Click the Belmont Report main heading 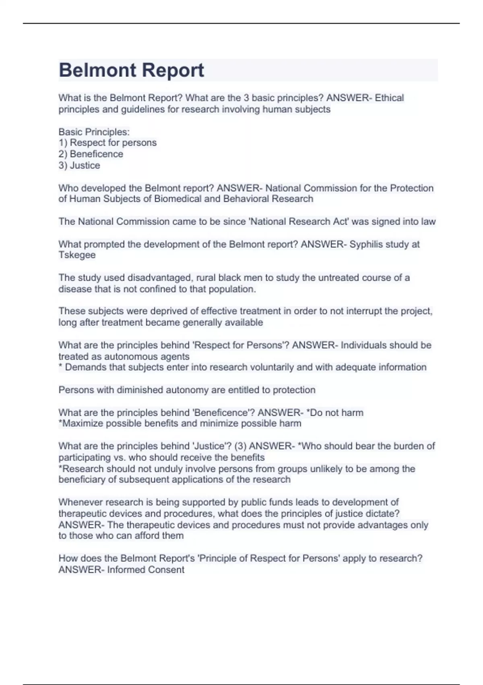pos(131,70)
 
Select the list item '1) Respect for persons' pos(107,143)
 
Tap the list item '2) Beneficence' pos(91,154)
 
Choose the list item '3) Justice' pos(79,165)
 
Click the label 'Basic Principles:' pos(94,132)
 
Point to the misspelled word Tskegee pos(77,255)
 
